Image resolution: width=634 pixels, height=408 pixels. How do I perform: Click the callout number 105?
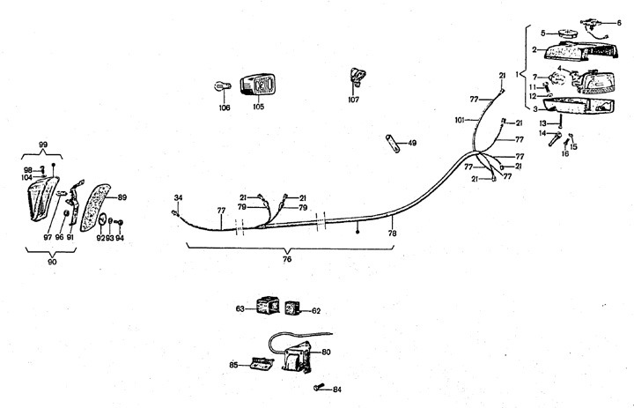point(258,108)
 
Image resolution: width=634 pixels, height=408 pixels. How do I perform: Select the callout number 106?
point(224,108)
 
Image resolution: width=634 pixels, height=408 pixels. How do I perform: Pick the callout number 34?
point(178,197)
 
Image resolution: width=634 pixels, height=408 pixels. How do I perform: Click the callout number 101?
point(459,118)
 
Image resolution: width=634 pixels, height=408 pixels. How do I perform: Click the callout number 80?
point(326,352)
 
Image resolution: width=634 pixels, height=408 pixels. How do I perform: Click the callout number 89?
point(122,197)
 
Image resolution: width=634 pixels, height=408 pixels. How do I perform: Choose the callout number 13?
point(543,122)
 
